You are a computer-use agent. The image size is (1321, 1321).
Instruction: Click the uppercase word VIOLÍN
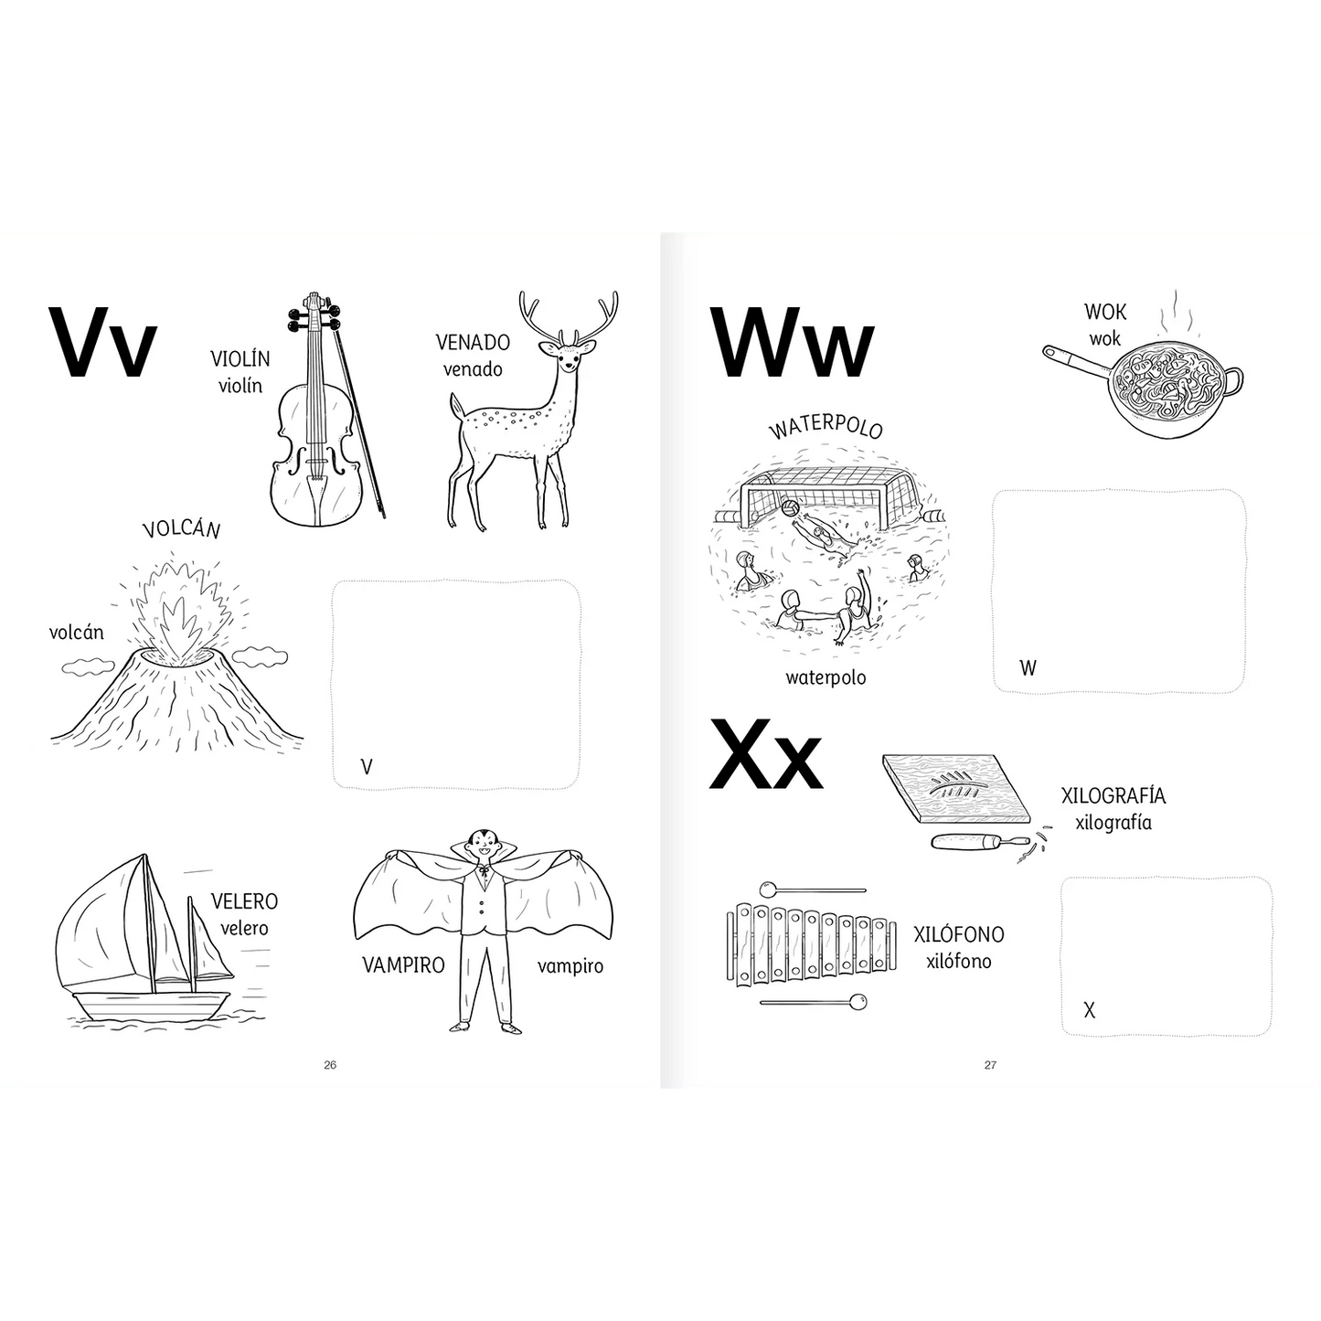[x=240, y=357]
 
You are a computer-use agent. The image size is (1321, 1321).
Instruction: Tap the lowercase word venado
[x=473, y=369]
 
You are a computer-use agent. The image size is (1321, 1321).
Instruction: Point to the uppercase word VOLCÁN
[x=182, y=530]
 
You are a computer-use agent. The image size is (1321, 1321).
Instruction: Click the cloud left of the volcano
[x=89, y=666]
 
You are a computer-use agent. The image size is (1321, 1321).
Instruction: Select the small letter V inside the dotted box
[x=367, y=766]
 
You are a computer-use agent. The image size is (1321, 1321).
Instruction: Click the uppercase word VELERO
[x=244, y=900]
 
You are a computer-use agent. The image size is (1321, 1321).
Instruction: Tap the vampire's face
[x=479, y=844]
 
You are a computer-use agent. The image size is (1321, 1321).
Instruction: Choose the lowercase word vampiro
[x=570, y=966]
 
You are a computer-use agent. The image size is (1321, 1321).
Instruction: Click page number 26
[x=330, y=1065]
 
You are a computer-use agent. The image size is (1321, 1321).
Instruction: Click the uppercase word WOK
[x=1105, y=312]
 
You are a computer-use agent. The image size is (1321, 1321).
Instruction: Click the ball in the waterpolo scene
[x=790, y=508]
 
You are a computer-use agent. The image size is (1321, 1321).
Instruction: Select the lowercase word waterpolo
[x=826, y=677]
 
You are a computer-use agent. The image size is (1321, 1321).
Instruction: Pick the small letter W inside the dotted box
[x=1028, y=667]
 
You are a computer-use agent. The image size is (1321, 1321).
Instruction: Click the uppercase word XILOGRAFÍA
[x=1113, y=795]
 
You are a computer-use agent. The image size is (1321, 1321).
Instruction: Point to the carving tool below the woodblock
[x=981, y=841]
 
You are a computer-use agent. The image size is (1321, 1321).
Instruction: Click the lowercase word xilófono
[x=958, y=961]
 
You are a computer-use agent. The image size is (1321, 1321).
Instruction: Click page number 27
[x=990, y=1065]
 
